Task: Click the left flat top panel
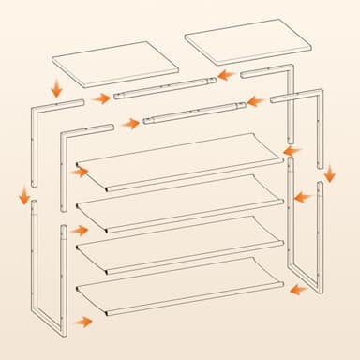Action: pyautogui.click(x=115, y=63)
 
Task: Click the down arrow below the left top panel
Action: pyautogui.click(x=56, y=89)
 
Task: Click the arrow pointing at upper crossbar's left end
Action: pyautogui.click(x=101, y=98)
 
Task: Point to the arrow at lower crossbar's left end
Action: pyautogui.click(x=130, y=123)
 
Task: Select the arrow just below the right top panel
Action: pyautogui.click(x=225, y=75)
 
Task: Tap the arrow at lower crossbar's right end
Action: pyautogui.click(x=253, y=101)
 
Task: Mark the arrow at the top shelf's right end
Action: pyautogui.click(x=292, y=150)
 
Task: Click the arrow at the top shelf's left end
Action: pyautogui.click(x=79, y=172)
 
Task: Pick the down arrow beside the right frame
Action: pyautogui.click(x=330, y=173)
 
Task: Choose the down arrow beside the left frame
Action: pyautogui.click(x=23, y=195)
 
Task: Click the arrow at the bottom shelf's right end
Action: pyautogui.click(x=299, y=290)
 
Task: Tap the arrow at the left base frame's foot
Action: pyautogui.click(x=83, y=322)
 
